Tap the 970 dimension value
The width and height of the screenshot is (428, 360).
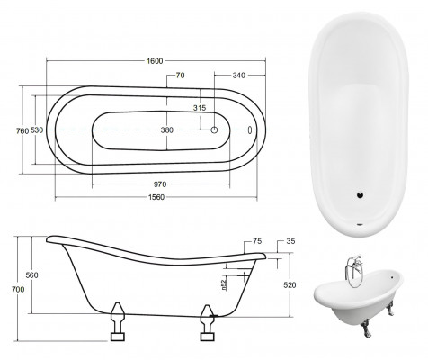pos(164,186)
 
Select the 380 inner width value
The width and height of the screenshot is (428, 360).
pos(166,130)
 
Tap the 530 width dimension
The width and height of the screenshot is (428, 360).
pos(38,130)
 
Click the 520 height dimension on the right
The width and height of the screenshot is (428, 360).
pos(290,284)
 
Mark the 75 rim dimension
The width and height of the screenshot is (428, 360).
pos(258,241)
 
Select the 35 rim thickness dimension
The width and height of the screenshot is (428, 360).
pos(290,241)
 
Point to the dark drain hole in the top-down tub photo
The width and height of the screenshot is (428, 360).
pos(361,193)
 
